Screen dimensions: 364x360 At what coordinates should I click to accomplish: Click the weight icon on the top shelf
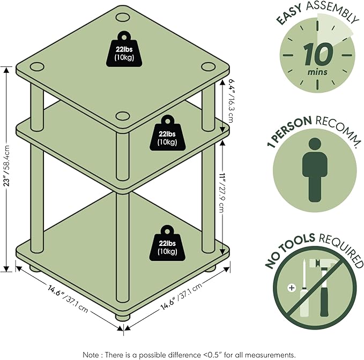tap(124, 49)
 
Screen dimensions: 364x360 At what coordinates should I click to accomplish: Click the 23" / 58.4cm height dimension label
tap(7, 166)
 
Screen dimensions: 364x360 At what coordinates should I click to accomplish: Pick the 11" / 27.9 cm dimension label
tap(221, 192)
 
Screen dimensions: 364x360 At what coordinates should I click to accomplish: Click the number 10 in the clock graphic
tap(317, 55)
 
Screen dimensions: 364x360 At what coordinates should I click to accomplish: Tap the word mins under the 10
tap(317, 72)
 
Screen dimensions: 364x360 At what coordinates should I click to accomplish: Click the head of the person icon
tap(315, 144)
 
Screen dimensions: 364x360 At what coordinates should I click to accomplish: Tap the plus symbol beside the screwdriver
tap(292, 288)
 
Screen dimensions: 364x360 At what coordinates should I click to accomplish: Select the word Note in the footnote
tap(91, 355)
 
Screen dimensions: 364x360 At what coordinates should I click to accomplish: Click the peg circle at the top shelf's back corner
tap(123, 17)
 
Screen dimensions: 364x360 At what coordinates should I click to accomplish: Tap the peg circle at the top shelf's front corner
tap(123, 116)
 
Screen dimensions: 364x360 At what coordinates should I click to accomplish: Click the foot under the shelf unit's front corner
tap(123, 317)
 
